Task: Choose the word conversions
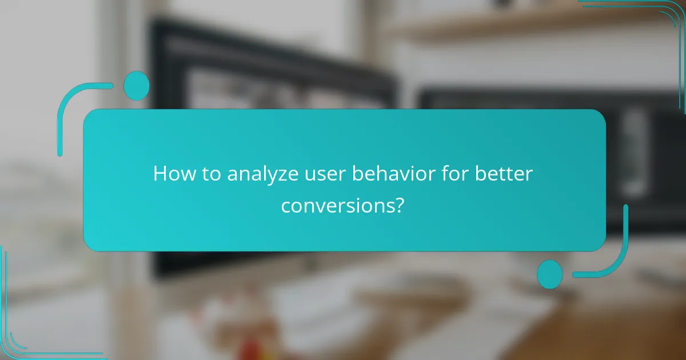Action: click(x=337, y=205)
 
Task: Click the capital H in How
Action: click(x=161, y=174)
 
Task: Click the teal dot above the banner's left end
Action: click(x=137, y=86)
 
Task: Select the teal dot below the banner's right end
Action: click(x=549, y=274)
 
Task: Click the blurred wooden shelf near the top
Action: click(x=514, y=26)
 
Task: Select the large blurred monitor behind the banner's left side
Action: click(x=257, y=69)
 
